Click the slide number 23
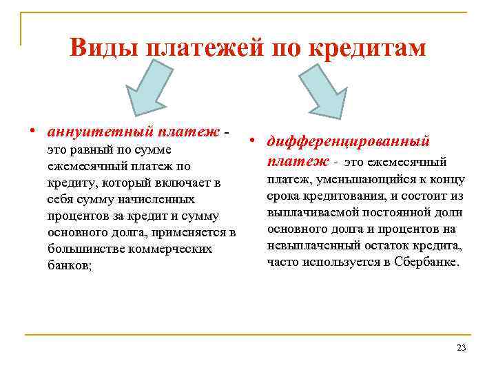461,348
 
